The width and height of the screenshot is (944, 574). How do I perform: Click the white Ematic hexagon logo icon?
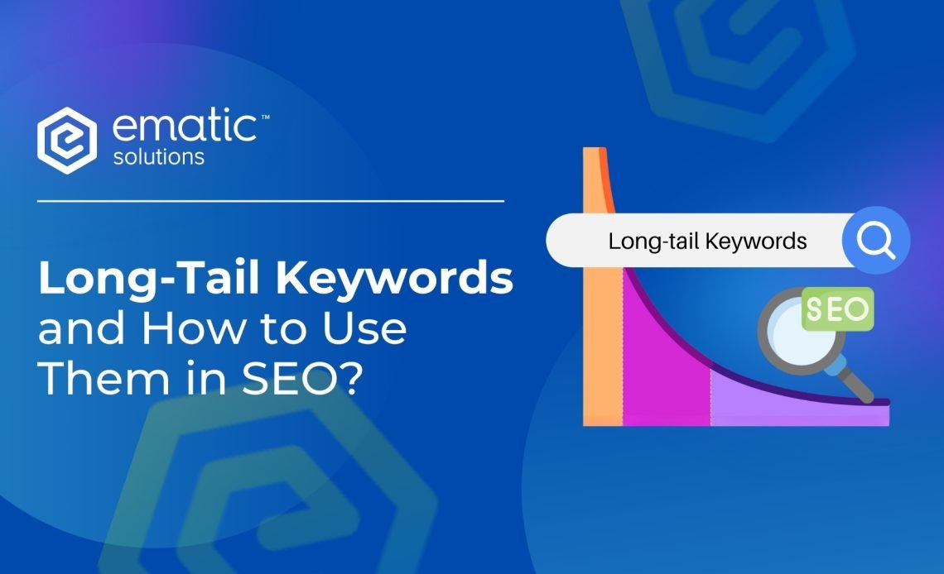[67, 141]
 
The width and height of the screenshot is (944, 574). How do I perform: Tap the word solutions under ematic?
[159, 157]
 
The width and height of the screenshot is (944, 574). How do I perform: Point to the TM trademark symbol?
[265, 117]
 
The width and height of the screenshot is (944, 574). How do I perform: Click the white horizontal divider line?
[270, 201]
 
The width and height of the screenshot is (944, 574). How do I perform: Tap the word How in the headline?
[194, 328]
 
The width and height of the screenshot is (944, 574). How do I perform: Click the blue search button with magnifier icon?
[876, 241]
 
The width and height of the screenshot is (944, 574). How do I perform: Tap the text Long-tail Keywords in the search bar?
[707, 241]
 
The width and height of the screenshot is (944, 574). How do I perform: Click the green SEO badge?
[837, 309]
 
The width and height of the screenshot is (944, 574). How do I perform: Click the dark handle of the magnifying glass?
[855, 383]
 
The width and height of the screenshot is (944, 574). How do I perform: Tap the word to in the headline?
[284, 329]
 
